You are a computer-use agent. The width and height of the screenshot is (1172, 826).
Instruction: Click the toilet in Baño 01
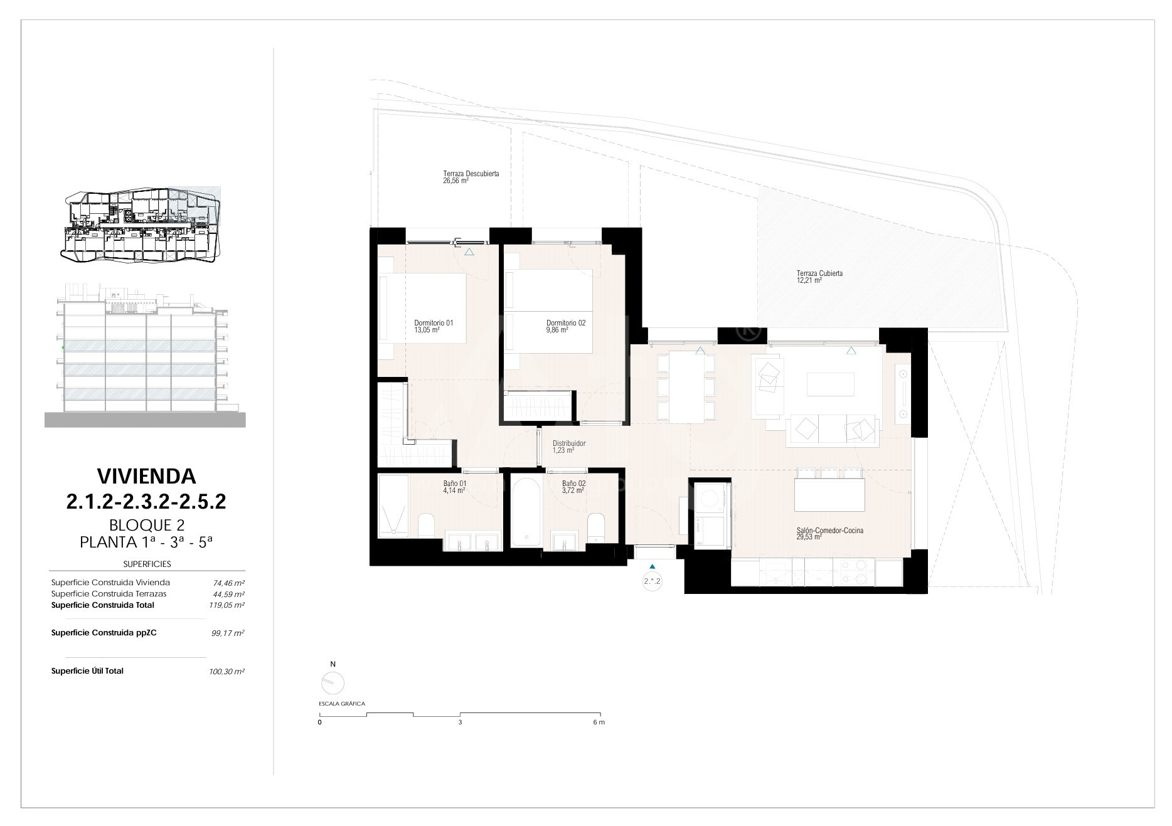(x=426, y=525)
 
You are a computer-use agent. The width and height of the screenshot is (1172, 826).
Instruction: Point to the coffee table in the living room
(x=830, y=384)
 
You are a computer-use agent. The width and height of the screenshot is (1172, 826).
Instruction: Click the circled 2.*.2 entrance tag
(x=653, y=581)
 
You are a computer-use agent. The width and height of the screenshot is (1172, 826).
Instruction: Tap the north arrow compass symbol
(x=333, y=682)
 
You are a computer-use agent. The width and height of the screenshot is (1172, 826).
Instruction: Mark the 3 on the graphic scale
(x=460, y=723)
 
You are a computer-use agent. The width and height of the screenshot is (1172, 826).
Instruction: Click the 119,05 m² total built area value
(x=226, y=605)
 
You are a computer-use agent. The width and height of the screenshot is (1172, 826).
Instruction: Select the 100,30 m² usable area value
(x=226, y=671)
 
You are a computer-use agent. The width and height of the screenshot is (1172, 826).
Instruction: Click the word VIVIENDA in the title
(x=146, y=476)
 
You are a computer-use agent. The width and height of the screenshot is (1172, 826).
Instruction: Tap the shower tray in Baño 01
(x=393, y=506)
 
